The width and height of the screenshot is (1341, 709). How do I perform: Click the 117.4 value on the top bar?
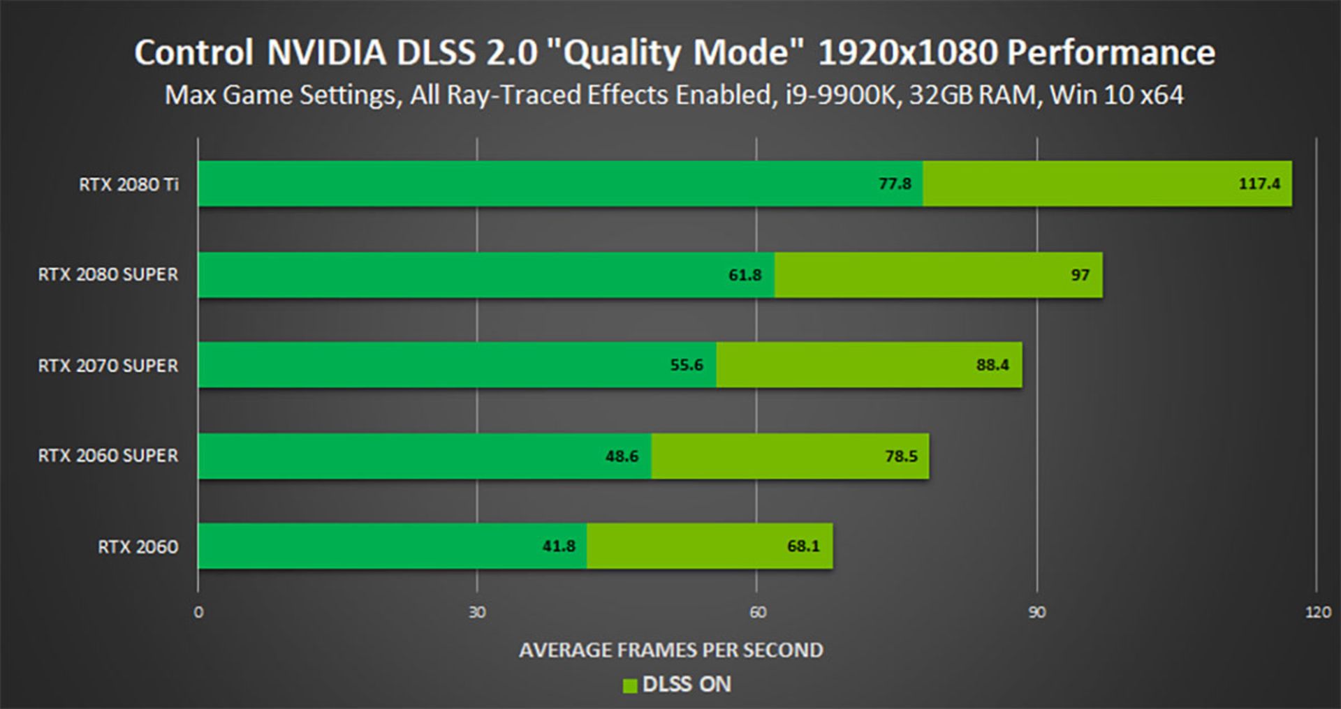[1259, 184]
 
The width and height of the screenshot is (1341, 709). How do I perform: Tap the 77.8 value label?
[895, 184]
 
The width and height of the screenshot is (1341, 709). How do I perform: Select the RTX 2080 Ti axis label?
[129, 184]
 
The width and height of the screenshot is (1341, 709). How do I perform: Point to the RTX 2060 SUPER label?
[108, 456]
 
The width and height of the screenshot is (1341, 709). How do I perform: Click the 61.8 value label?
[745, 275]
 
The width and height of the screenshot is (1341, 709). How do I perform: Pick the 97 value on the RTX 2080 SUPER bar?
[1080, 275]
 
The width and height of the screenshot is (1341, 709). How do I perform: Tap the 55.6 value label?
[687, 365]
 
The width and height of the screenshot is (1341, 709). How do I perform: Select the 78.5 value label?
[901, 456]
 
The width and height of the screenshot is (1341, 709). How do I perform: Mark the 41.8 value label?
[559, 546]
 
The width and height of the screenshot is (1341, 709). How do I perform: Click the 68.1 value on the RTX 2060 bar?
[803, 546]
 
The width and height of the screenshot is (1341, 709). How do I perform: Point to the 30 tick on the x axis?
[477, 612]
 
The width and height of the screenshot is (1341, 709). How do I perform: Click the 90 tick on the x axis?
[1036, 612]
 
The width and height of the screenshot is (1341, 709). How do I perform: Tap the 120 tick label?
[1317, 612]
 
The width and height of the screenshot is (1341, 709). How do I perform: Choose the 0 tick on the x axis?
[198, 612]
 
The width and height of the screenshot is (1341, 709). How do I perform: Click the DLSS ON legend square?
[629, 686]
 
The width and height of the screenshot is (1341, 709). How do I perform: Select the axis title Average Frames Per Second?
[670, 650]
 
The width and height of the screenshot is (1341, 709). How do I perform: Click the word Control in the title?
[193, 53]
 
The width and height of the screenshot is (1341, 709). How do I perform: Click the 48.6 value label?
[622, 456]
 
